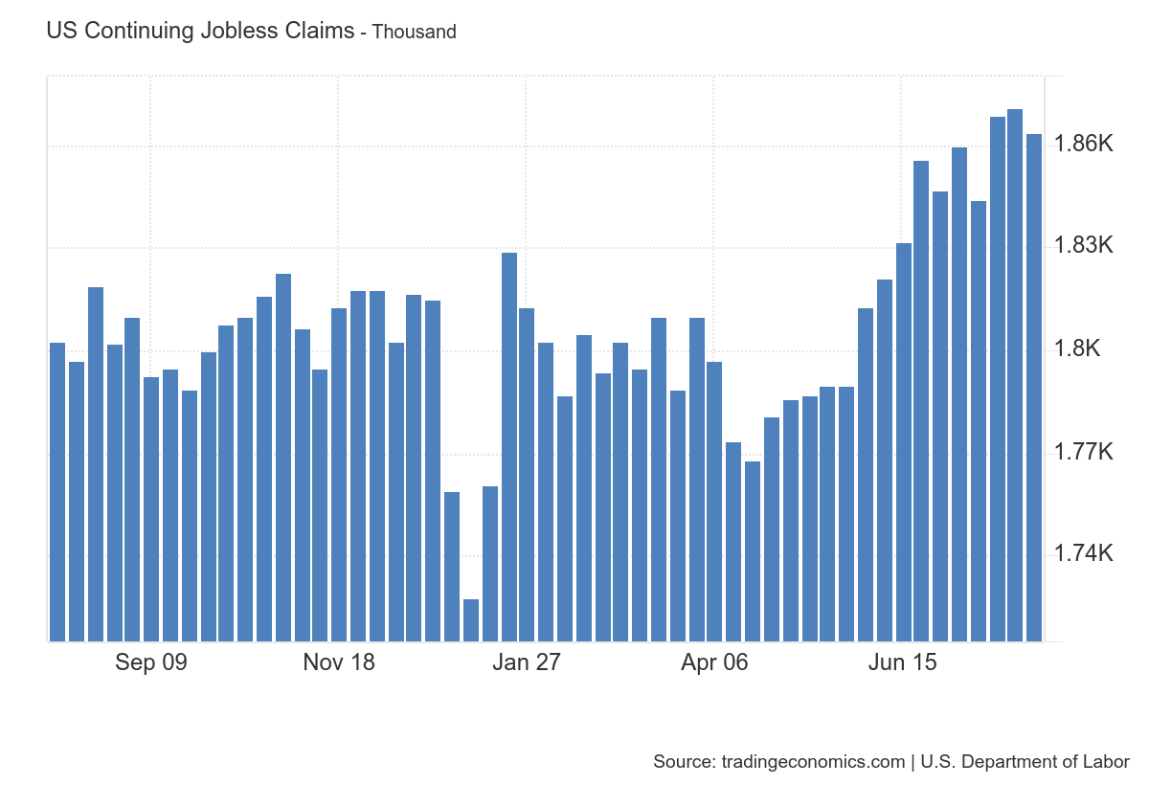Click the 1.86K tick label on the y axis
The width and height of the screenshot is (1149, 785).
pyautogui.click(x=1083, y=145)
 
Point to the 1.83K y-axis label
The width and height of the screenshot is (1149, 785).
pyautogui.click(x=1083, y=246)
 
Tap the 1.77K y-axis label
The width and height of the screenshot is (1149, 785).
pyautogui.click(x=1083, y=451)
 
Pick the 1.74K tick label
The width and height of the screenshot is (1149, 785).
pyautogui.click(x=1083, y=553)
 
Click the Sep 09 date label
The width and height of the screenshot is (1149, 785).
pyautogui.click(x=151, y=662)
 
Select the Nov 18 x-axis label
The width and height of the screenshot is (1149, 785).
pyautogui.click(x=339, y=662)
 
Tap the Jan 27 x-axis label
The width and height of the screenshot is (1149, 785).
pyautogui.click(x=526, y=662)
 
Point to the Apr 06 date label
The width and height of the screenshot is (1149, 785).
pyautogui.click(x=714, y=662)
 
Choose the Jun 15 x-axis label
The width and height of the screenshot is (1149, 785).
pyautogui.click(x=902, y=662)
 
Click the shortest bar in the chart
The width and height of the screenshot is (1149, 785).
pyautogui.click(x=471, y=620)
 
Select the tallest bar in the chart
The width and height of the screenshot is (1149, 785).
pyautogui.click(x=1015, y=373)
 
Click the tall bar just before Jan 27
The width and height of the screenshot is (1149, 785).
pyautogui.click(x=509, y=446)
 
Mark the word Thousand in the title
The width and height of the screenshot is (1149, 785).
pyautogui.click(x=414, y=32)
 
